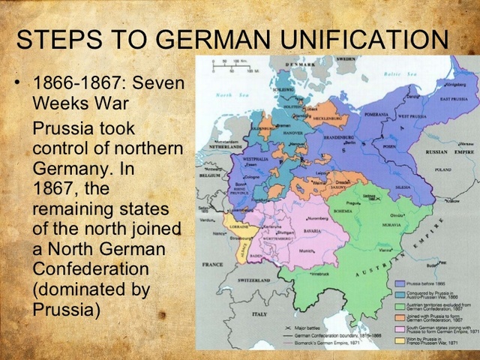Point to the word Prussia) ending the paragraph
coord(66,308)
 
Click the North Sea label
coord(227,95)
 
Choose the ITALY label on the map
coord(261,313)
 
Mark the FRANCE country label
coord(212,264)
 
